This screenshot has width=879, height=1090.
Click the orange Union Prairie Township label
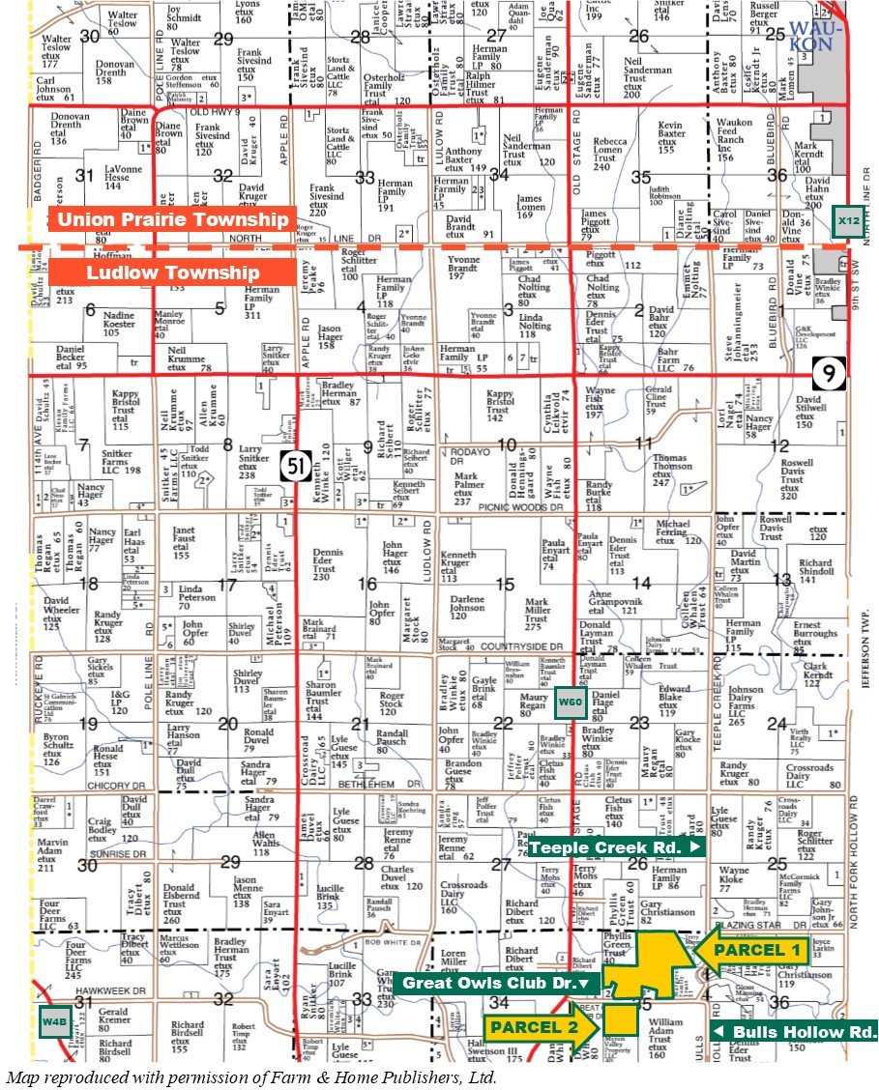tap(173, 220)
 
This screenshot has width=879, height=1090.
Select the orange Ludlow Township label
tap(173, 272)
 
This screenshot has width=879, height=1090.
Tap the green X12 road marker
tap(848, 221)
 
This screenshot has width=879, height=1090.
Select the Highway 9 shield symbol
tap(824, 370)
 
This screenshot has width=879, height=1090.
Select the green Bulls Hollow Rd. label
tap(795, 1032)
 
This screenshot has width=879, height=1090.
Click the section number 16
tap(367, 584)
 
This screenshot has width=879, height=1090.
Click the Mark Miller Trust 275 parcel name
tap(538, 615)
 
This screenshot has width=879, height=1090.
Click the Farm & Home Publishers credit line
tap(251, 1076)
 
